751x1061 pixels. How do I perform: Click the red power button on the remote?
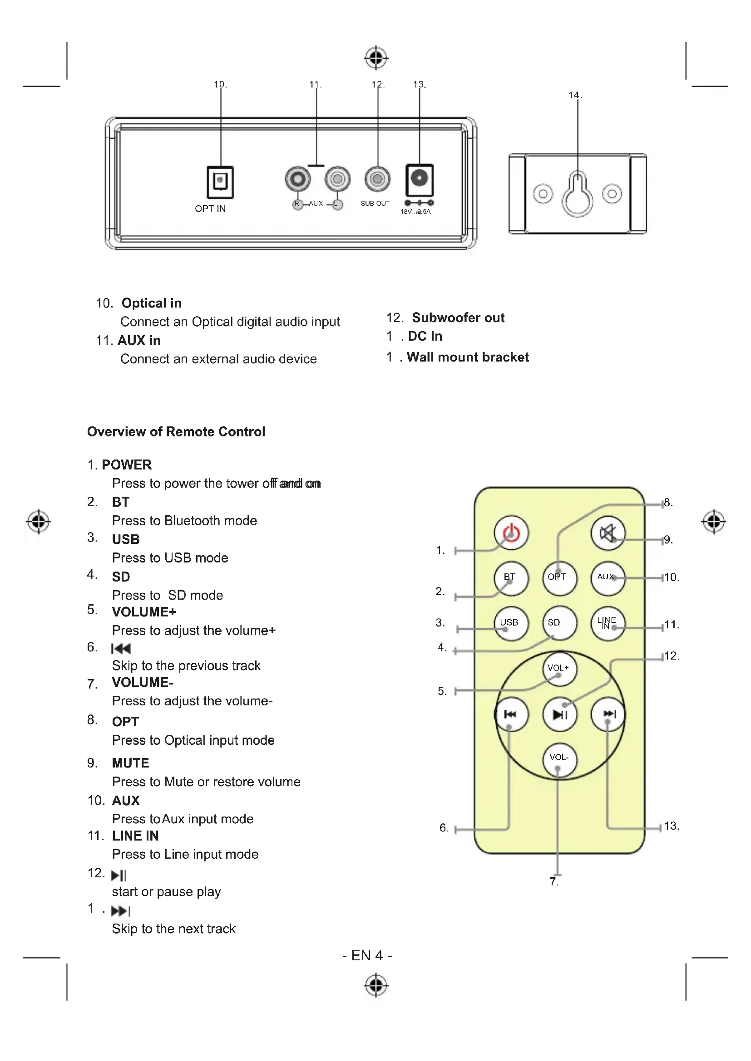[x=511, y=533]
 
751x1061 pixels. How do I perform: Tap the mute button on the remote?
[x=608, y=533]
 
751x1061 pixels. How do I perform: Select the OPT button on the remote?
[x=559, y=577]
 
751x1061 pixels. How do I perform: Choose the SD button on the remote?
[x=559, y=623]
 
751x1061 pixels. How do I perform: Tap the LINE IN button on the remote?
[x=608, y=623]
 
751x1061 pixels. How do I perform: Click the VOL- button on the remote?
[x=559, y=758]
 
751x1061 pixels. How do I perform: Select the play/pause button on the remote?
[x=559, y=714]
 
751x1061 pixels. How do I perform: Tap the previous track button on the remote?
[x=511, y=714]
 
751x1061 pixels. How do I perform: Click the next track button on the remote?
[x=608, y=714]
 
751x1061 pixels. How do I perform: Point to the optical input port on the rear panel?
[x=220, y=181]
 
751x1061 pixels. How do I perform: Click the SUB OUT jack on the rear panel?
[x=377, y=179]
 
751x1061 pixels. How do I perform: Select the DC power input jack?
[x=420, y=179]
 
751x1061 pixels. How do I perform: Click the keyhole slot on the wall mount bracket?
[x=577, y=194]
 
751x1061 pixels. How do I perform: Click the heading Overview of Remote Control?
[x=176, y=431]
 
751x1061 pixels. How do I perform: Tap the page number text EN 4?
[x=367, y=955]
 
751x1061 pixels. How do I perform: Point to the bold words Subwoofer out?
[x=458, y=318]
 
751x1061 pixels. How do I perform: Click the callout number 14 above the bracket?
[x=575, y=95]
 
